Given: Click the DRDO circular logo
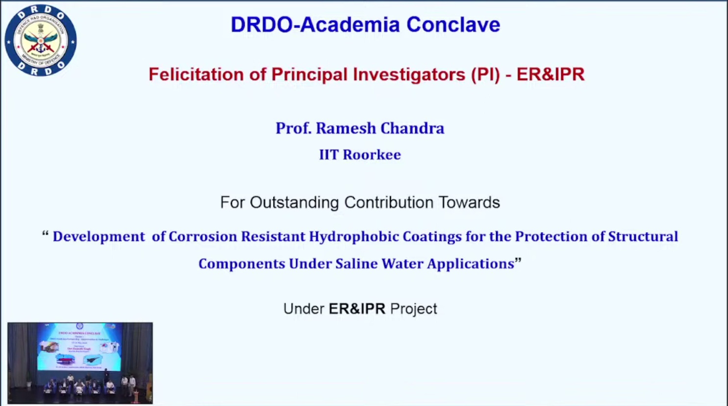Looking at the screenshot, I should click(41, 40).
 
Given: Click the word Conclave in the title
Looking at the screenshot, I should click(453, 25).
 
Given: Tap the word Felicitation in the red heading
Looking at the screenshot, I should click(196, 74).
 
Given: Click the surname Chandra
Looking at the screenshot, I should click(412, 128).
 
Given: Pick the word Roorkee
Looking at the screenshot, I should click(372, 155).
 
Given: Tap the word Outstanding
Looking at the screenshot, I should click(294, 202).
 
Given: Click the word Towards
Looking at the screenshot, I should click(469, 202).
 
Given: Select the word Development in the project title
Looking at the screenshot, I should click(99, 237).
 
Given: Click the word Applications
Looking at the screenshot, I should click(470, 263).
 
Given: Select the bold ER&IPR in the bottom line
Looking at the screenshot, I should click(357, 309).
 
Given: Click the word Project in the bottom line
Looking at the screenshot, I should click(413, 309).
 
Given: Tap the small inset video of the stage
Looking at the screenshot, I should click(80, 363).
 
